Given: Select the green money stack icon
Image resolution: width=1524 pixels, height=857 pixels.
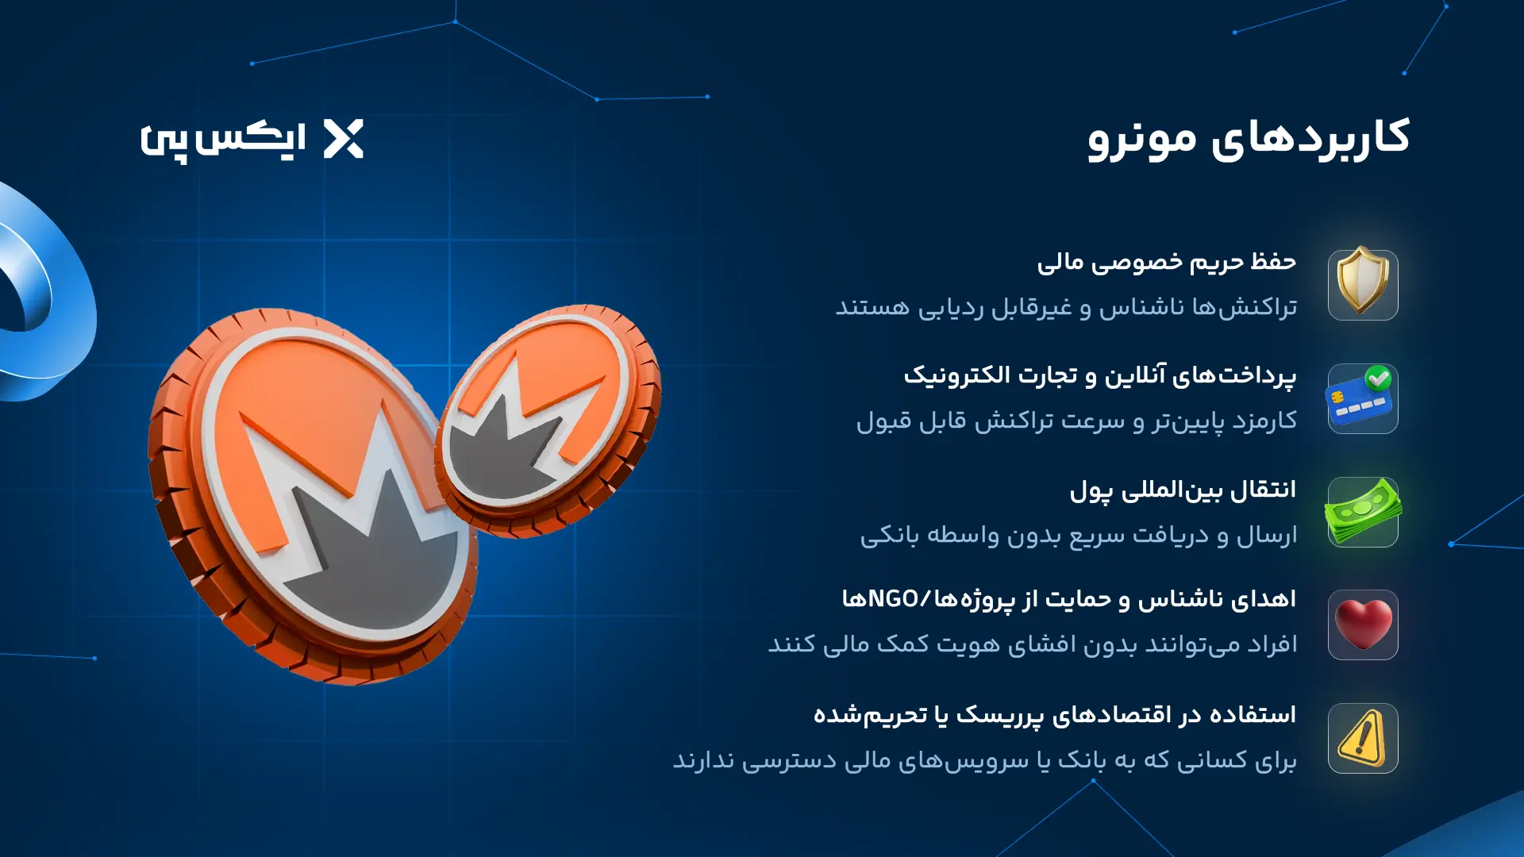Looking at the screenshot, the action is click(x=1363, y=512).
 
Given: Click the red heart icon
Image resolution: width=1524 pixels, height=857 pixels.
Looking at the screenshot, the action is click(x=1363, y=624).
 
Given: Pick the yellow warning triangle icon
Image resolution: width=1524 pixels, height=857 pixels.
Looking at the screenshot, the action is click(x=1362, y=738).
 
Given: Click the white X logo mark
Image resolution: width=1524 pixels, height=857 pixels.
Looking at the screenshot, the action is click(x=344, y=139).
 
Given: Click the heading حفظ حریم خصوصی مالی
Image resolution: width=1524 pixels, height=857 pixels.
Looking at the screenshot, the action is click(x=1166, y=262).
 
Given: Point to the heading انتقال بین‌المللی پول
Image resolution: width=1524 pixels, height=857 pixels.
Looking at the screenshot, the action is click(x=1183, y=490).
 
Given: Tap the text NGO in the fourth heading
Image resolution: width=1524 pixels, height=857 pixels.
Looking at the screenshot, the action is click(x=893, y=599).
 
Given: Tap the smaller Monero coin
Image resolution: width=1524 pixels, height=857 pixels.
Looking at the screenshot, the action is click(x=548, y=421).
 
